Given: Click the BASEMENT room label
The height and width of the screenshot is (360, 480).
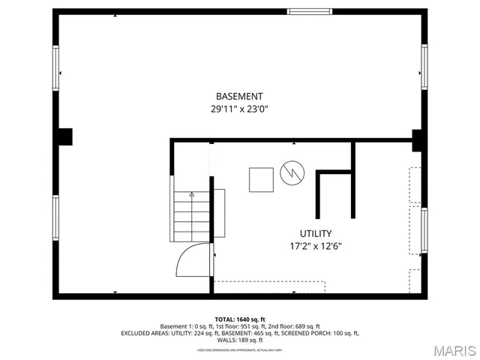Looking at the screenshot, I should tap(239, 96).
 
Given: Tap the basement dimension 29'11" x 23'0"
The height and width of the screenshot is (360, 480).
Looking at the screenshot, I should tap(239, 109).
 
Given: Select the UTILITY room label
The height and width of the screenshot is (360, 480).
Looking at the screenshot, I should tap(316, 233).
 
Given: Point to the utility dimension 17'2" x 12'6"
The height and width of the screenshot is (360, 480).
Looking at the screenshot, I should tap(316, 246).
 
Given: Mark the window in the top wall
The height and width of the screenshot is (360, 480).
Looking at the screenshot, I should tap(310, 11).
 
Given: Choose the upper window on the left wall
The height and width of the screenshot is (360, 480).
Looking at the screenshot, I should tap(55, 69).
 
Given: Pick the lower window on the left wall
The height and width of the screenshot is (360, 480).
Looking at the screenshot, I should tap(55, 218).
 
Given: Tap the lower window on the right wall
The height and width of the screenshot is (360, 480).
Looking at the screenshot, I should tap(424, 231).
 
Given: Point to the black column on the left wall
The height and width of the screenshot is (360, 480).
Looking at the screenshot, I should tap(65, 136).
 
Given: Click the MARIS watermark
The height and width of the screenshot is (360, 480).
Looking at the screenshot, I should tap(448, 349).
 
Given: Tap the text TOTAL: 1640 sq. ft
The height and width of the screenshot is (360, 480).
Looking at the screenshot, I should tap(240, 319).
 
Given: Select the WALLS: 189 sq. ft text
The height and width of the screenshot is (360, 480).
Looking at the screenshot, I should tap(240, 340).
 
